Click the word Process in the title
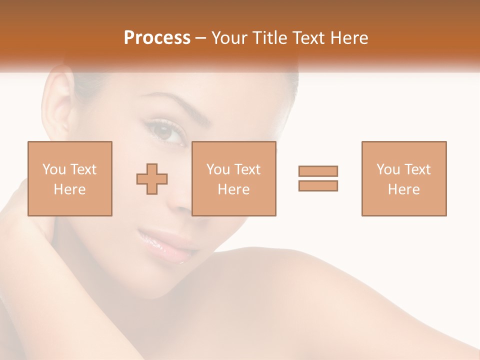pos(157,37)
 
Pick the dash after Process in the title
pos(200,38)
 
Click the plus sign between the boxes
pos(152,178)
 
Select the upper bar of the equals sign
pos(318,171)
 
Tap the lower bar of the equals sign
pos(318,185)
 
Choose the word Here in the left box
pos(69,189)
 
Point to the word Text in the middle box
pos(247,169)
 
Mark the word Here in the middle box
pos(234,189)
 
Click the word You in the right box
pos(388,169)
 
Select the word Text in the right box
pos(417,169)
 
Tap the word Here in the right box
pos(403,189)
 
